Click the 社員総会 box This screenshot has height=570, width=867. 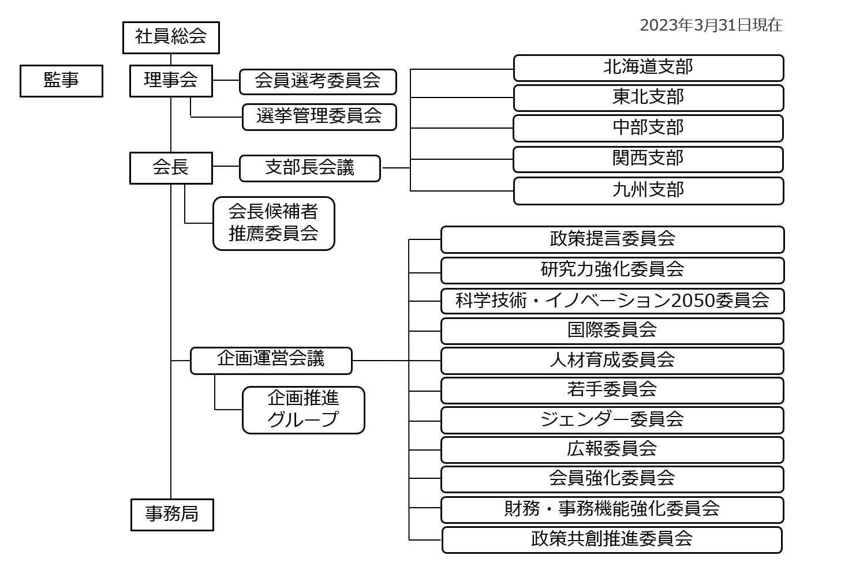pyautogui.click(x=171, y=37)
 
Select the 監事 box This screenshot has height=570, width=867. pyautogui.click(x=61, y=81)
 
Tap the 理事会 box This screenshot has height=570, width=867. pyautogui.click(x=171, y=81)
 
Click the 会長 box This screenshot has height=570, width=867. pyautogui.click(x=171, y=168)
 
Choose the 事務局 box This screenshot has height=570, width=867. pyautogui.click(x=172, y=514)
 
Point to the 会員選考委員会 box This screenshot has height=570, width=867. pyautogui.click(x=318, y=81)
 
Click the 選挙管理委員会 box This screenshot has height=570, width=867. pyautogui.click(x=319, y=117)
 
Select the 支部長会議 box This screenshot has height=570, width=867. pyautogui.click(x=310, y=168)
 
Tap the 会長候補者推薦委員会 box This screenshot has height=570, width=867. pyautogui.click(x=274, y=223)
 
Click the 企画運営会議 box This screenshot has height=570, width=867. pyautogui.click(x=271, y=361)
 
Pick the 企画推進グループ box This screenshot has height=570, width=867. pyautogui.click(x=304, y=410)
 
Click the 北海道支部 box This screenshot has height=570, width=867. pyautogui.click(x=648, y=68)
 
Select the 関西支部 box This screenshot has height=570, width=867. pyautogui.click(x=648, y=159)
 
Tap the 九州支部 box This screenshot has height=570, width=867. pyautogui.click(x=648, y=190)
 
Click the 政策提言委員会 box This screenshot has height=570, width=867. pyautogui.click(x=612, y=239)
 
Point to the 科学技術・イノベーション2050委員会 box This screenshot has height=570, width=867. pyautogui.click(x=612, y=301)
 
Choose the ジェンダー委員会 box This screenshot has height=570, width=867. pyautogui.click(x=612, y=420)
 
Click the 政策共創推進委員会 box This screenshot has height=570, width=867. pyautogui.click(x=612, y=539)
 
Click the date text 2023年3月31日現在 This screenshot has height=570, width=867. pyautogui.click(x=711, y=25)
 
